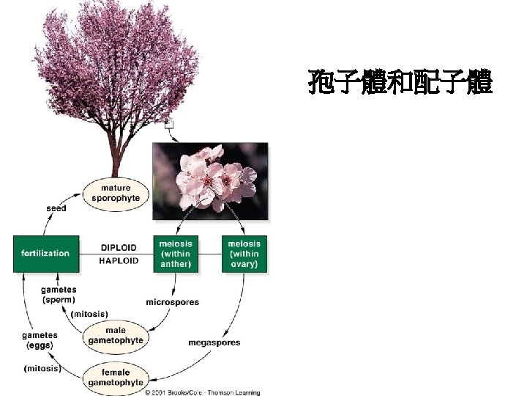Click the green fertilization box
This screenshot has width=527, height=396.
pos(45,254)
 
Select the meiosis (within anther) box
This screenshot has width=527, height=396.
pos(175,254)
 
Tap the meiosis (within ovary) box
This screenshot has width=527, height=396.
pos(244,254)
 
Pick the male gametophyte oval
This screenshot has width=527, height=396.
pos(116,335)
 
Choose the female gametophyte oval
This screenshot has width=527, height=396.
pos(116,378)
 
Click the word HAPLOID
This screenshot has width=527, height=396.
pos(118,261)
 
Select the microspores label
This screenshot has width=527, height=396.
pos(173,302)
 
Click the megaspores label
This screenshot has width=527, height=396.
pos(214,342)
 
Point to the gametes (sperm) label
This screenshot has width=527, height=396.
pos(59,295)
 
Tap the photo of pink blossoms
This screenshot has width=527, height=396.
pos(209,181)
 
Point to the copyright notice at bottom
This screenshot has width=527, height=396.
pos(201,392)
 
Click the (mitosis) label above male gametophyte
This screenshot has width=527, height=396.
pos(86,314)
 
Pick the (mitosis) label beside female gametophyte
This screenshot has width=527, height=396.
pos(42,368)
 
